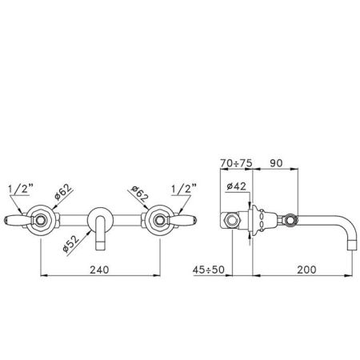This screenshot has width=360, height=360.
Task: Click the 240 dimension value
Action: click(x=99, y=270)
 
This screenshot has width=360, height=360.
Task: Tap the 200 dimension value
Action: click(x=306, y=270)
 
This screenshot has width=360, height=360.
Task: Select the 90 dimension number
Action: click(x=276, y=163)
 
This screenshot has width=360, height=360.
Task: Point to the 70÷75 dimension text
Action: click(x=236, y=163)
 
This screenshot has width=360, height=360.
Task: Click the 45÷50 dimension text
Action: click(x=209, y=270)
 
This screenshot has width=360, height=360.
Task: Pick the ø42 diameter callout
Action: click(x=236, y=186)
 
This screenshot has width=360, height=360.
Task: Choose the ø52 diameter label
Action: click(x=71, y=244)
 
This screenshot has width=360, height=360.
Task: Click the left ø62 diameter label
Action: click(x=63, y=192)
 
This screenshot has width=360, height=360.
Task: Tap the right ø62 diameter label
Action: click(x=139, y=194)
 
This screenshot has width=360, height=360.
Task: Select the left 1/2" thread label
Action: click(x=20, y=189)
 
